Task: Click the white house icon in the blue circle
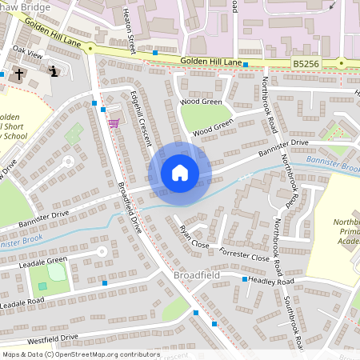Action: (x=180, y=173)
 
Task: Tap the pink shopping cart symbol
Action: (x=114, y=123)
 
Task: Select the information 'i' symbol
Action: (x=53, y=71)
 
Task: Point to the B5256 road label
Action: (x=305, y=62)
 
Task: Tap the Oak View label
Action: (x=26, y=54)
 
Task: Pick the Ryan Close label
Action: (x=194, y=237)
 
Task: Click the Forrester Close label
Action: (x=244, y=254)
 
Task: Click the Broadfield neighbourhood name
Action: (x=194, y=276)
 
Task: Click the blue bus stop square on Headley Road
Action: (x=245, y=279)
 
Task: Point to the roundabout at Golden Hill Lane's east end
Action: (x=342, y=62)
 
